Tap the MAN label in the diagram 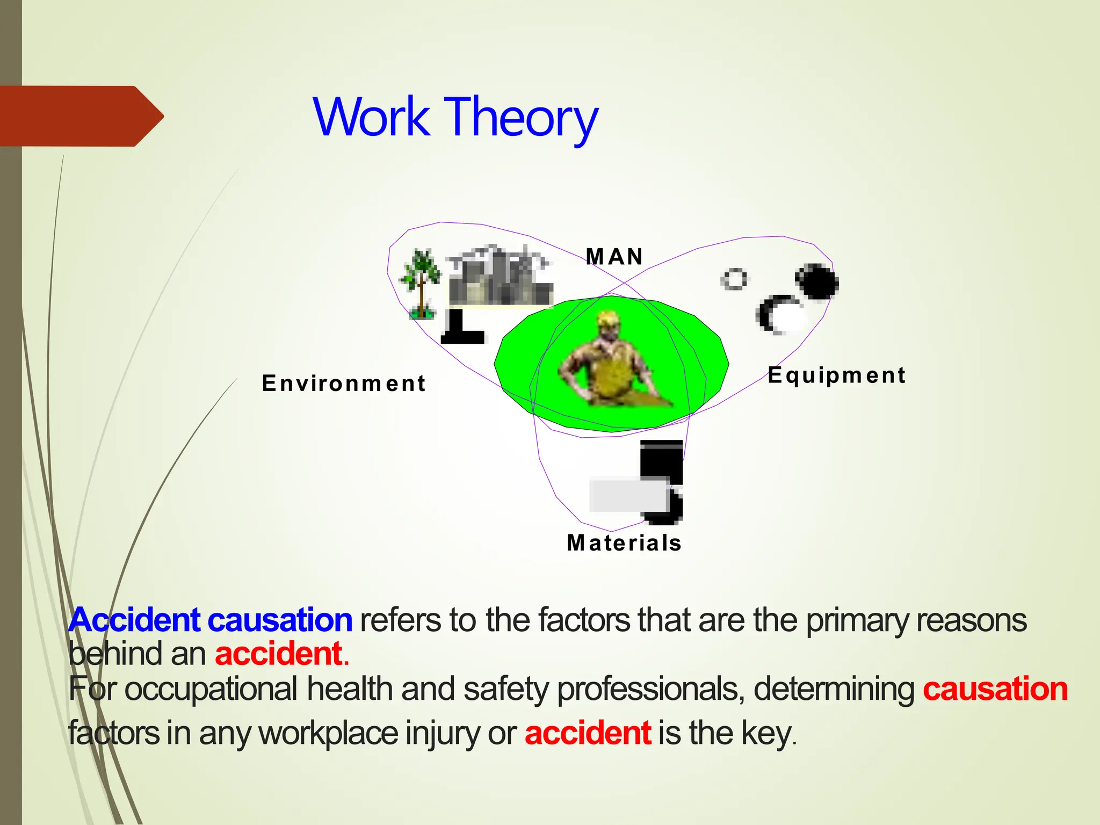614,257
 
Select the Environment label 344,383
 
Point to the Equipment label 836,375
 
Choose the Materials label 624,543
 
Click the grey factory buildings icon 500,277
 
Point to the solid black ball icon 817,281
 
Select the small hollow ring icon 734,279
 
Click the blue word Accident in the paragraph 134,620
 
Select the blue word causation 280,620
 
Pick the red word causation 995,689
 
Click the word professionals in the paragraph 650,689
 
